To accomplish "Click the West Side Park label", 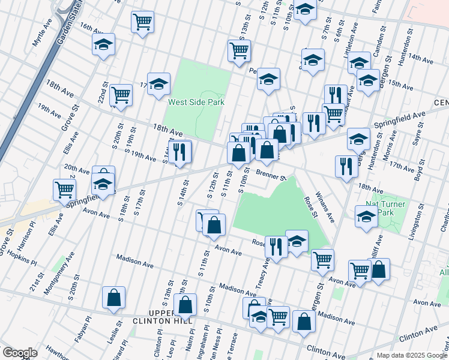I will click(196, 103).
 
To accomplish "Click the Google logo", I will click(20, 353).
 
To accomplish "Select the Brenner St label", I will click(271, 175).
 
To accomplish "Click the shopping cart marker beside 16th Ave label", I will click(142, 23).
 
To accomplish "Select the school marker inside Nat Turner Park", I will click(366, 217).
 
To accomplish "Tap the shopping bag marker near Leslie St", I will click(113, 297).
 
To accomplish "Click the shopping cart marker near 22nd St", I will click(121, 94).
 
